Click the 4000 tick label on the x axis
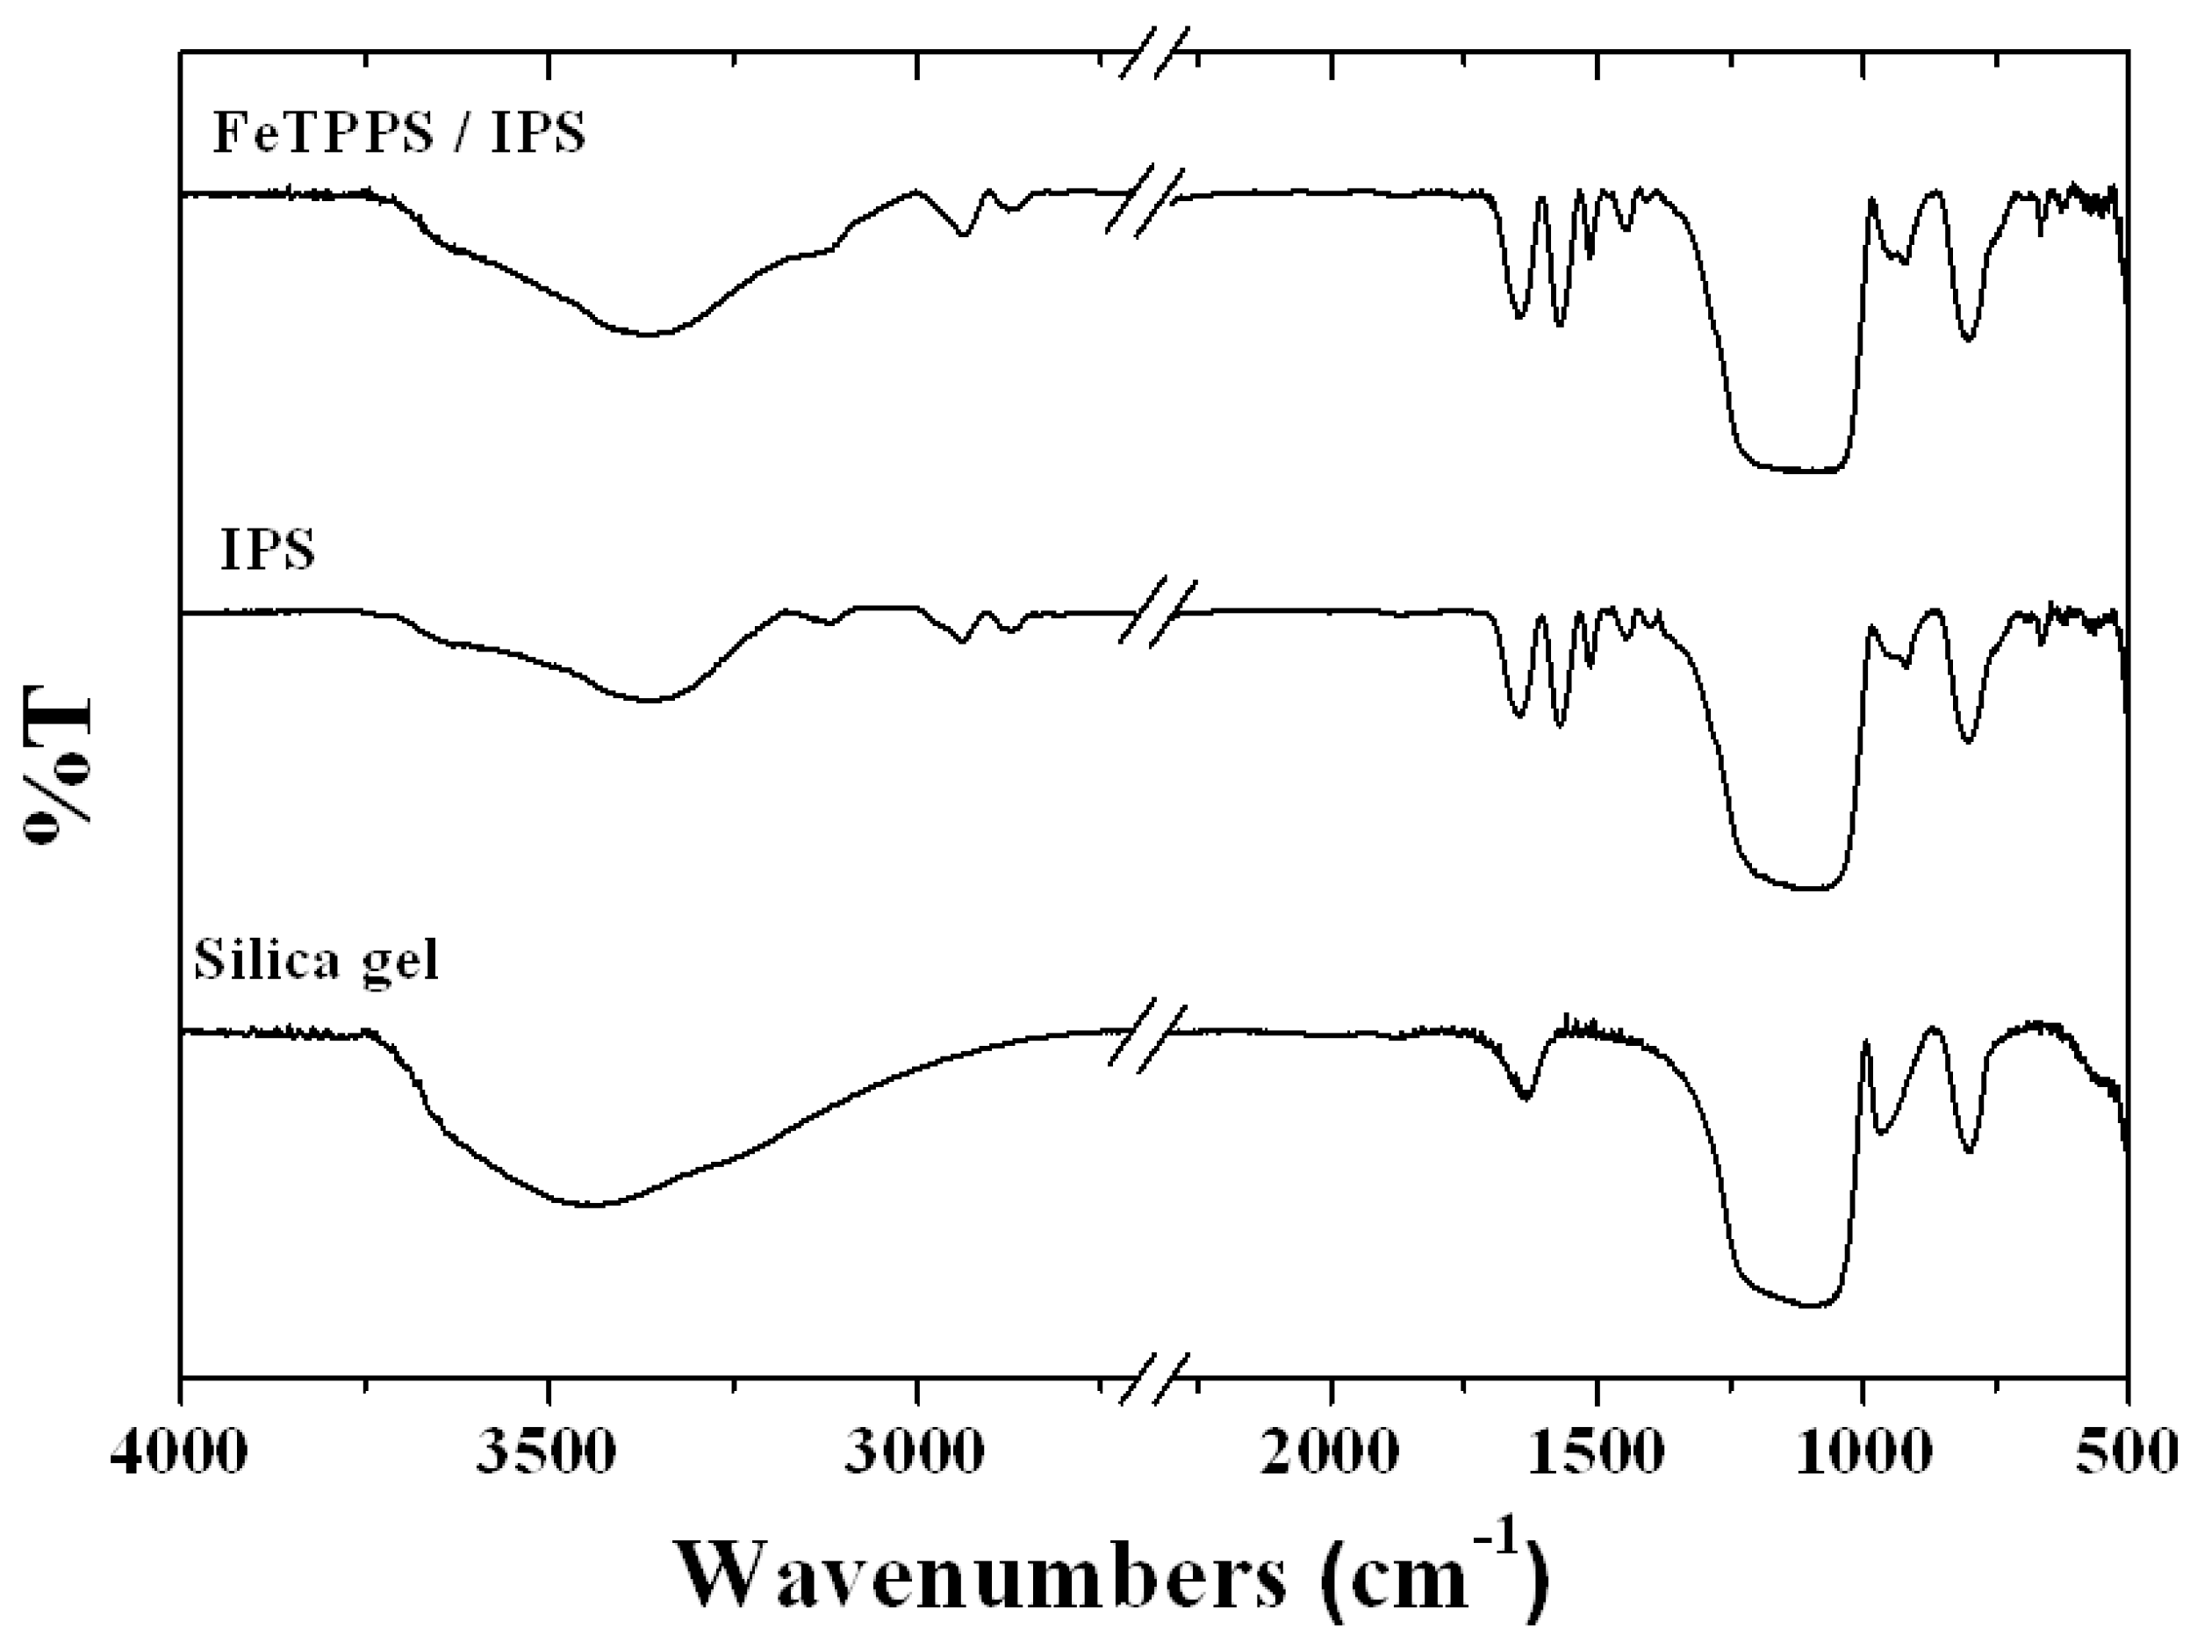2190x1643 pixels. click(179, 1455)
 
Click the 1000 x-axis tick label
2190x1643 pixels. click(1863, 1455)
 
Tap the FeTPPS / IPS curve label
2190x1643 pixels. click(400, 133)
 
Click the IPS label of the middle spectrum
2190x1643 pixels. click(268, 551)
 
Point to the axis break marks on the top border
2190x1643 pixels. click(1153, 53)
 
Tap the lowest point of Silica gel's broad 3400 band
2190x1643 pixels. click(590, 1206)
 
